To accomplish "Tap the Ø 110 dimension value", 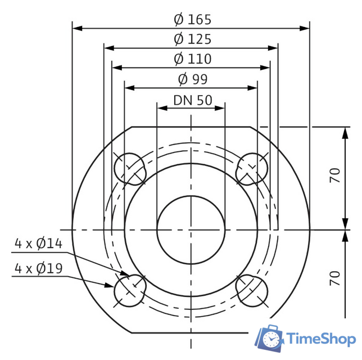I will pos(192,58).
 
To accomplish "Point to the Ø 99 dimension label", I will pos(192,79).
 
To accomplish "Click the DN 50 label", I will pos(192,100).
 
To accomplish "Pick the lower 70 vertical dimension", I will pos(336,278).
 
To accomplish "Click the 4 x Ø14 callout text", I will pos(38,244).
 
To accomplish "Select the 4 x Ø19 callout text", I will pos(38,268).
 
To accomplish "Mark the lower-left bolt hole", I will pos(130,290).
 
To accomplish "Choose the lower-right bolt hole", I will pos(252,290).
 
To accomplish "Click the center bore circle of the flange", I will pos(191,229).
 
